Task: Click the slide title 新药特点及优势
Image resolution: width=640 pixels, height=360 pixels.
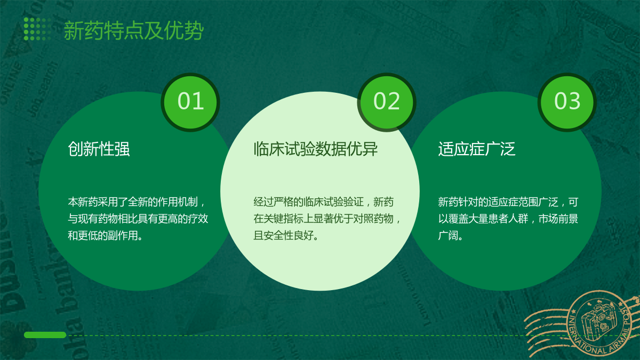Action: pyautogui.click(x=133, y=30)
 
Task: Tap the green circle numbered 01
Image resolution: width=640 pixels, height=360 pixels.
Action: pyautogui.click(x=190, y=102)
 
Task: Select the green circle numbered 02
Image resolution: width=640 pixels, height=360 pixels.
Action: pyautogui.click(x=387, y=102)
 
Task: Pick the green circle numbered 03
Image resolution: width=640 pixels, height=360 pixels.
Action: pyautogui.click(x=567, y=102)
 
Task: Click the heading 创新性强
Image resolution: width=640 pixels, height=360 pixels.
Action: pyautogui.click(x=99, y=149)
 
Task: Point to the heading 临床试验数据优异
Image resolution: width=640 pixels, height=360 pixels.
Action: pyautogui.click(x=315, y=149)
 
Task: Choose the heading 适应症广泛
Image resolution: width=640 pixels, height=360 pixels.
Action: pyautogui.click(x=477, y=149)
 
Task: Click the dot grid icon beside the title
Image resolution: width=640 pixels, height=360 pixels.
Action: pyautogui.click(x=37, y=29)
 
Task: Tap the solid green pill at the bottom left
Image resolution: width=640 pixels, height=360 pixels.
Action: pyautogui.click(x=45, y=335)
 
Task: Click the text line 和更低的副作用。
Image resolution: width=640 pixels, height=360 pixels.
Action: pyautogui.click(x=105, y=236)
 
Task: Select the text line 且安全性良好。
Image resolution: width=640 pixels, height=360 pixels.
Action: pyautogui.click(x=286, y=236)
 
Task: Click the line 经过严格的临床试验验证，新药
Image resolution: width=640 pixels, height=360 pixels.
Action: pyautogui.click(x=323, y=202)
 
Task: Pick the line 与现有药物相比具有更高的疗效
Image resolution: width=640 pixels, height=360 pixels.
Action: pyautogui.click(x=138, y=219)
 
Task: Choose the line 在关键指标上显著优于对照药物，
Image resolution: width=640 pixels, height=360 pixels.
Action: pyautogui.click(x=327, y=219)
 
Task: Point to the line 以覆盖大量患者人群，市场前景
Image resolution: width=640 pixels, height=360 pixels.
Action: pyautogui.click(x=508, y=219)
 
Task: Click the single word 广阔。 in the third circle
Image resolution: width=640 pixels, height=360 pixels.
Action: pyautogui.click(x=451, y=236)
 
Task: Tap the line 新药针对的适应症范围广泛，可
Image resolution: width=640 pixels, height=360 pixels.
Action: pyautogui.click(x=508, y=202)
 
